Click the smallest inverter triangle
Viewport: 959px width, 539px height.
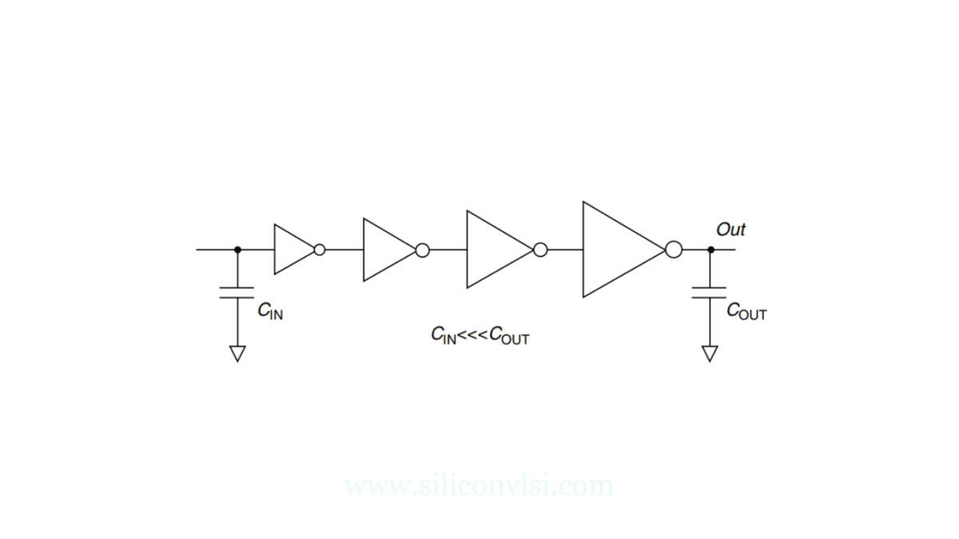tap(292, 250)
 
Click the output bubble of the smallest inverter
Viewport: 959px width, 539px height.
tap(320, 250)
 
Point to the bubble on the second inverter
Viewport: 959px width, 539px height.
tap(423, 250)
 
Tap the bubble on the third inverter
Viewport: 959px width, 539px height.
tap(540, 250)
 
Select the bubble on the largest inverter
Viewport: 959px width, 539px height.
tap(674, 250)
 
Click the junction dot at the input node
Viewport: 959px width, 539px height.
tap(237, 250)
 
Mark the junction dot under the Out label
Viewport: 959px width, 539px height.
tap(710, 250)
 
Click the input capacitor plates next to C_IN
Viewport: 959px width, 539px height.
tap(237, 291)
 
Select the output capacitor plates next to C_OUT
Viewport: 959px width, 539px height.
tap(710, 291)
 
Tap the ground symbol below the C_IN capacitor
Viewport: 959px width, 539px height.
tap(237, 353)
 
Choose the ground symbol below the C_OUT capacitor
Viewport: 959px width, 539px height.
tap(710, 353)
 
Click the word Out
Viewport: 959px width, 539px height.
tap(730, 230)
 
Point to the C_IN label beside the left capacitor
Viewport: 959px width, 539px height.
tap(270, 311)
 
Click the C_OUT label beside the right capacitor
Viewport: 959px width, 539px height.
tap(746, 311)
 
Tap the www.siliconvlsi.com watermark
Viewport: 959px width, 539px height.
tap(479, 485)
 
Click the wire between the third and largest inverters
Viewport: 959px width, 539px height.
tap(565, 250)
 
